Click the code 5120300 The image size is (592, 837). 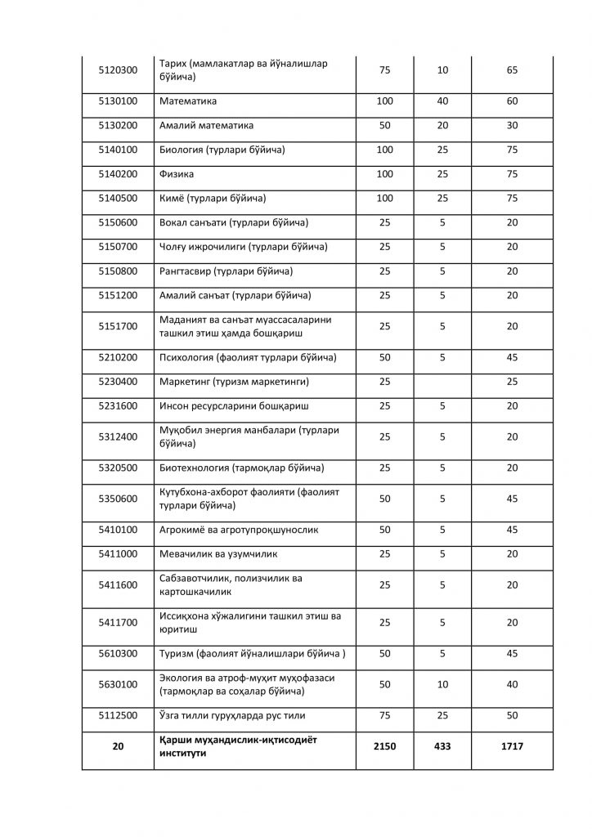118,70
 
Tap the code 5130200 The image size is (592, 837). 118,126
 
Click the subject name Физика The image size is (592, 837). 177,174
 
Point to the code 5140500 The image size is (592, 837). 118,199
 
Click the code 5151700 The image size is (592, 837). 118,326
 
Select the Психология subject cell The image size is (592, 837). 247,357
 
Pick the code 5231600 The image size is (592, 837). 118,406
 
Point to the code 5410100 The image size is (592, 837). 118,530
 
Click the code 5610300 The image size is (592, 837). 118,653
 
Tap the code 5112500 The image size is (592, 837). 118,715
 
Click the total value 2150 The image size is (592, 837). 384,746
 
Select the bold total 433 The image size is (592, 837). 442,746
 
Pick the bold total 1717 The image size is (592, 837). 512,746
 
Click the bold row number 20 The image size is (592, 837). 118,746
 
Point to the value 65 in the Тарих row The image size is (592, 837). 512,70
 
